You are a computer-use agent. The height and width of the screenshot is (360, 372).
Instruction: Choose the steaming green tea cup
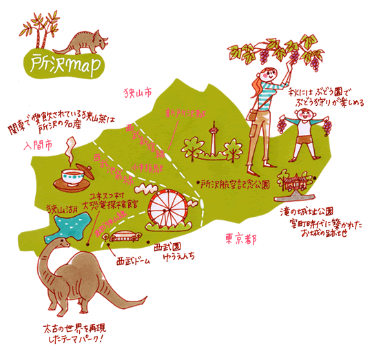(70, 176)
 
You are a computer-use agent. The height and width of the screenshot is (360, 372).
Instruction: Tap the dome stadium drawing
(125, 239)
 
